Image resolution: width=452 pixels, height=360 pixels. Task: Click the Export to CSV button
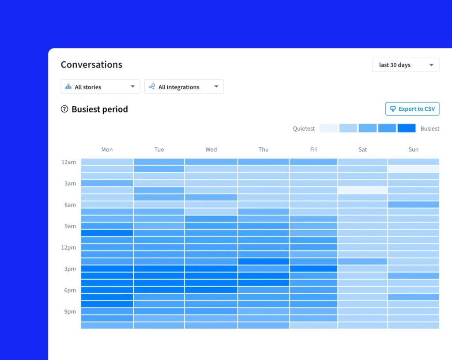click(x=412, y=109)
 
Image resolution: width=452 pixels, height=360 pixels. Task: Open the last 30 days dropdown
click(x=406, y=65)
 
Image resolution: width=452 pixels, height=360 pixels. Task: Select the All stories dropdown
click(x=100, y=87)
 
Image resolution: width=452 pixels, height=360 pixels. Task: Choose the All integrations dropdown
click(x=184, y=87)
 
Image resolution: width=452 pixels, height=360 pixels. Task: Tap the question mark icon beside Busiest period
click(x=64, y=109)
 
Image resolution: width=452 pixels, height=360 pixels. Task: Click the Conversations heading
click(x=91, y=64)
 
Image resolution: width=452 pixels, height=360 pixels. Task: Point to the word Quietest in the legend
click(x=304, y=129)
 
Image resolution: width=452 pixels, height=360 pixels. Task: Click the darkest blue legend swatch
click(x=407, y=128)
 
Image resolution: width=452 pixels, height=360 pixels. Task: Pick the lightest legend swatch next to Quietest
click(x=329, y=128)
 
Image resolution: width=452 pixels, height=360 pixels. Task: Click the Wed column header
click(x=211, y=150)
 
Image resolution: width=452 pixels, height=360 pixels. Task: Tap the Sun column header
click(x=413, y=150)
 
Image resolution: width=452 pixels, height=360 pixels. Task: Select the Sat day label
click(x=362, y=150)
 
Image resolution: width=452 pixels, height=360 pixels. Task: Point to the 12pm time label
click(x=68, y=247)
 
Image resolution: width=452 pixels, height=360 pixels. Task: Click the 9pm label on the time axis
click(x=70, y=311)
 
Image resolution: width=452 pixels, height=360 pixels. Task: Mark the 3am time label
click(x=70, y=184)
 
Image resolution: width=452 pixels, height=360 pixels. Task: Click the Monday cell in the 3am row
click(x=107, y=183)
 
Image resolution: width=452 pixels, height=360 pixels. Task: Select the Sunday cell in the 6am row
click(x=413, y=205)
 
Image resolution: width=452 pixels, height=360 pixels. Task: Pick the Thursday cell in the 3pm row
click(x=264, y=269)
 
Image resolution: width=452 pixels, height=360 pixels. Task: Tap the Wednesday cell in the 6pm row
click(x=211, y=290)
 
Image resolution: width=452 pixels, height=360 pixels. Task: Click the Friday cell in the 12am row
click(x=313, y=162)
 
